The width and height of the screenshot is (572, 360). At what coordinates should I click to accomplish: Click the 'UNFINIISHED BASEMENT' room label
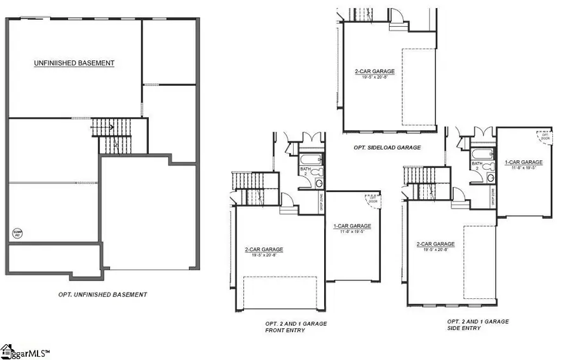point(74,63)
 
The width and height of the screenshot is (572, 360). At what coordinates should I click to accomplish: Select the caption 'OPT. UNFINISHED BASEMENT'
point(102,294)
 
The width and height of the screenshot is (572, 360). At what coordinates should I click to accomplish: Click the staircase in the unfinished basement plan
point(114,135)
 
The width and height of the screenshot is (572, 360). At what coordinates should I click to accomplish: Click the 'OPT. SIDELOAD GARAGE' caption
point(388,147)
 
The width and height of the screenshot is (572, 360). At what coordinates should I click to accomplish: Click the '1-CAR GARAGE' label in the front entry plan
point(352,226)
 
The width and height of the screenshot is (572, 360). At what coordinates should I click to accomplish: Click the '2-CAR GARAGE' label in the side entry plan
point(435,244)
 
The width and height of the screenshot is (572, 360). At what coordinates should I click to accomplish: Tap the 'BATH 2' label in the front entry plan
point(304,171)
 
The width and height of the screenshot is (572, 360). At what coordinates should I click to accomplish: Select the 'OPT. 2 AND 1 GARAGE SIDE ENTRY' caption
point(478,325)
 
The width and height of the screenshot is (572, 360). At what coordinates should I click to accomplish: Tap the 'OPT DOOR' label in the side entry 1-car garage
point(545,135)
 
